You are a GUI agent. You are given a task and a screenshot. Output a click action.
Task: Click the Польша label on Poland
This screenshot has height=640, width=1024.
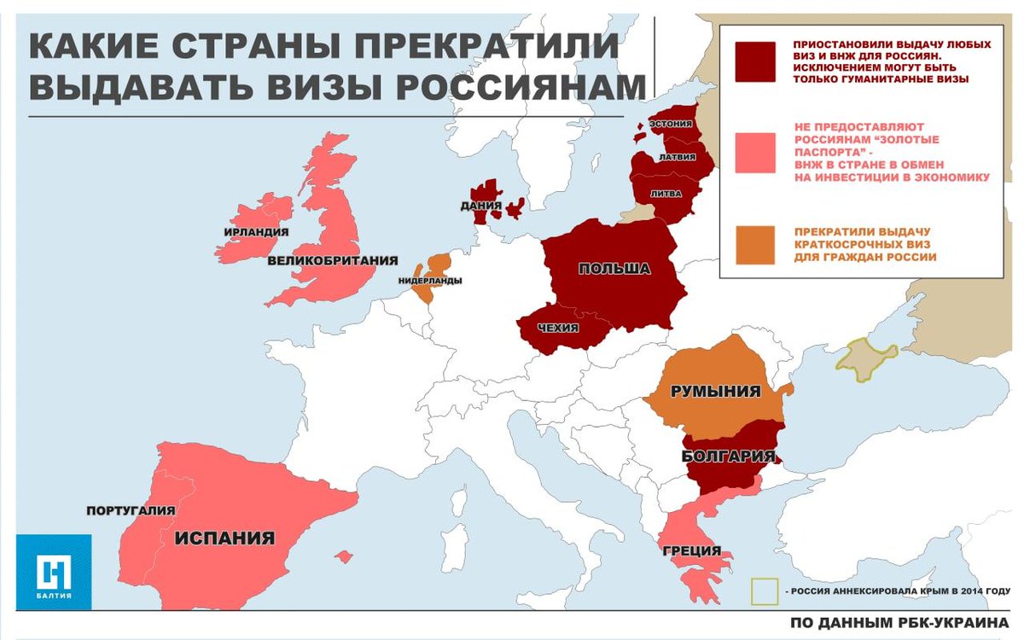[x=614, y=270]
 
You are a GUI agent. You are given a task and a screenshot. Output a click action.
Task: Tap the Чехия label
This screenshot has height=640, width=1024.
[x=559, y=329]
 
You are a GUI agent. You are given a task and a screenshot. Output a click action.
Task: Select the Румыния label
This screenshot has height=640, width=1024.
[x=715, y=392]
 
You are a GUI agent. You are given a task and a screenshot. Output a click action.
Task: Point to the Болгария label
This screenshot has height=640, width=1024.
[x=728, y=456]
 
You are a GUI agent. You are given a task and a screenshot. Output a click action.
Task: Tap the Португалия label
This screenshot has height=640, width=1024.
[x=131, y=510]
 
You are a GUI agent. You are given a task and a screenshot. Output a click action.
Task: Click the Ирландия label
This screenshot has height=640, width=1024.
[x=255, y=232]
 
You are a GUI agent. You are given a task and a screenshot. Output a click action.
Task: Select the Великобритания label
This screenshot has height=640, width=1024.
[x=322, y=260]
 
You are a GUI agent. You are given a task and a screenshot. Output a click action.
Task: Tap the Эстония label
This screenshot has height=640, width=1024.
[x=671, y=124]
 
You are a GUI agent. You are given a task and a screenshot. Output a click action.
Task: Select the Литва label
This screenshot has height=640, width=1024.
[x=666, y=194]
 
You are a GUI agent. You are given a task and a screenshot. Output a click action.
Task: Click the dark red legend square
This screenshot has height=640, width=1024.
[x=754, y=61]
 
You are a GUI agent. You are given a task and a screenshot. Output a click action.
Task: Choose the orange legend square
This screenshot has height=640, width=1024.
[x=754, y=245]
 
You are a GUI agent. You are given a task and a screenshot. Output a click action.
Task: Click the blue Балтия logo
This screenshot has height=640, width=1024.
[x=53, y=571]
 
